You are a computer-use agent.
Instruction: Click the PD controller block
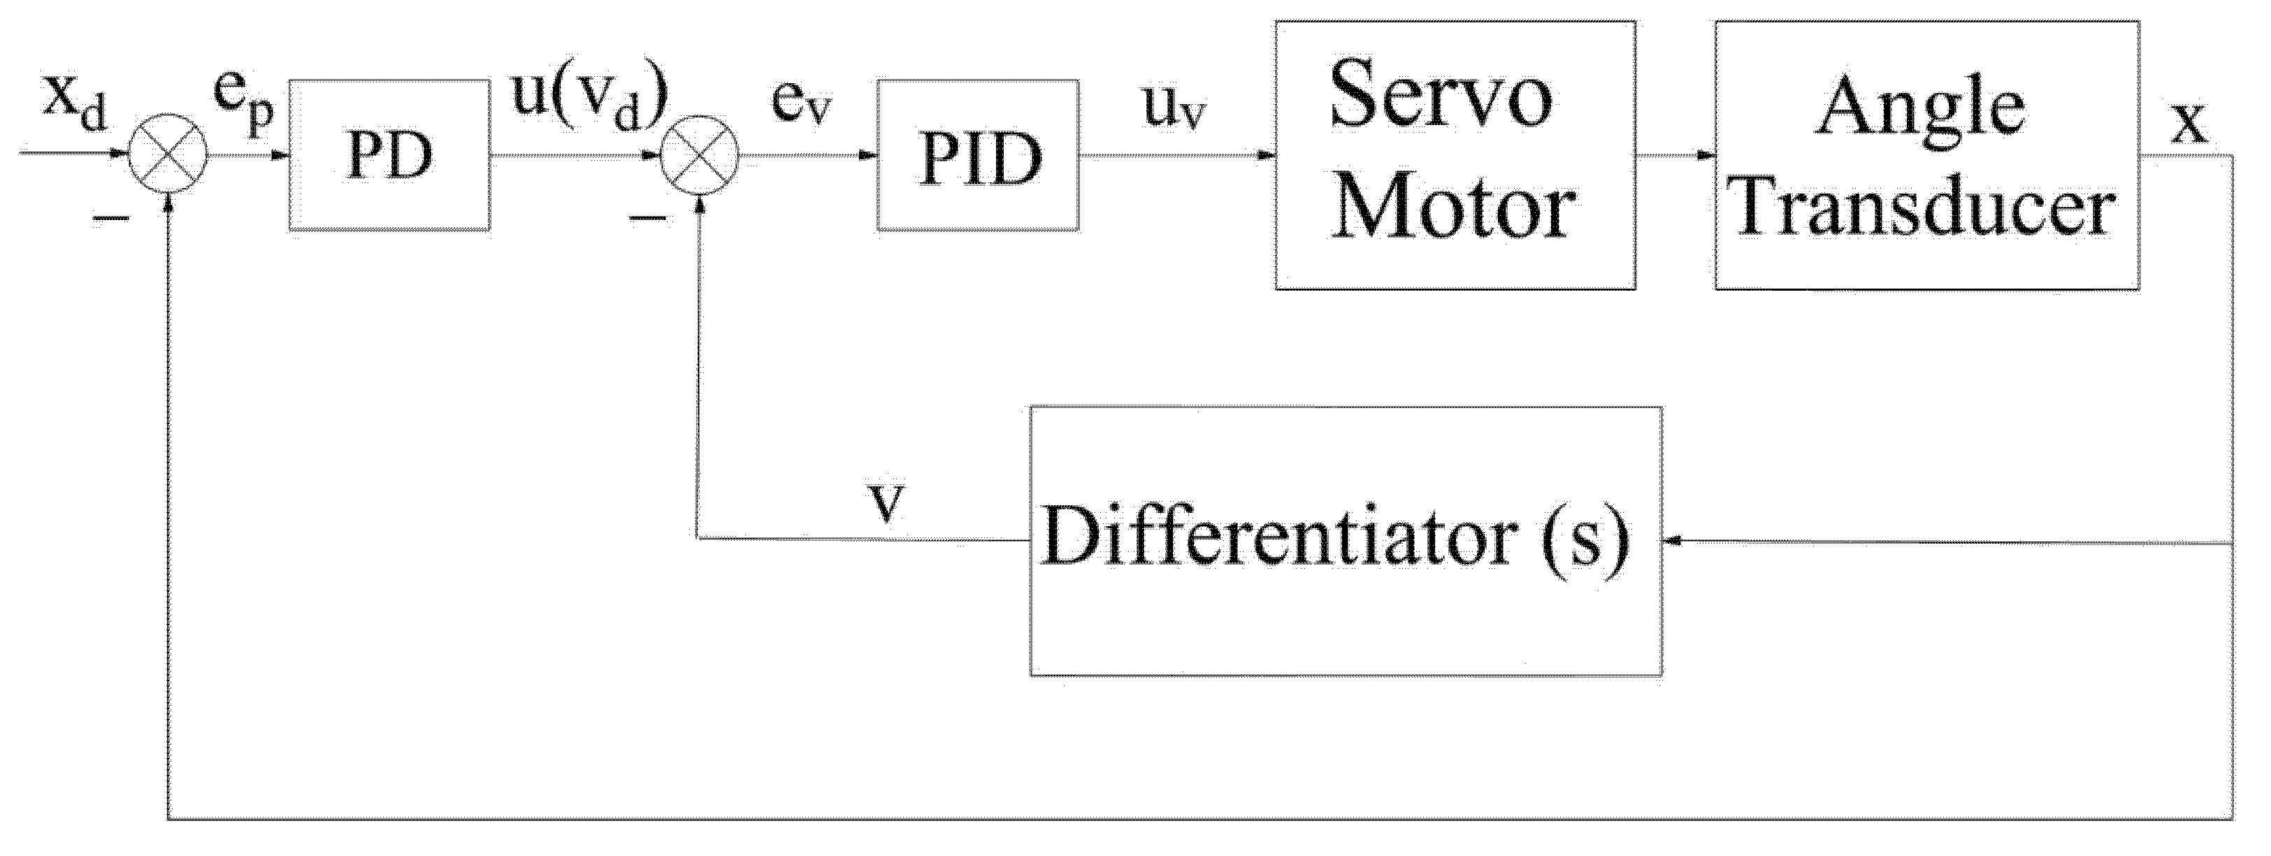click(x=389, y=155)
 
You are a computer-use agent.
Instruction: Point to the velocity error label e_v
click(x=800, y=104)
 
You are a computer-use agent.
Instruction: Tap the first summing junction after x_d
click(x=168, y=157)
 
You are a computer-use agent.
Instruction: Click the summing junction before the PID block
click(x=699, y=157)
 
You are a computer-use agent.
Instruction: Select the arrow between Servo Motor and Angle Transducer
click(x=1674, y=156)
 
